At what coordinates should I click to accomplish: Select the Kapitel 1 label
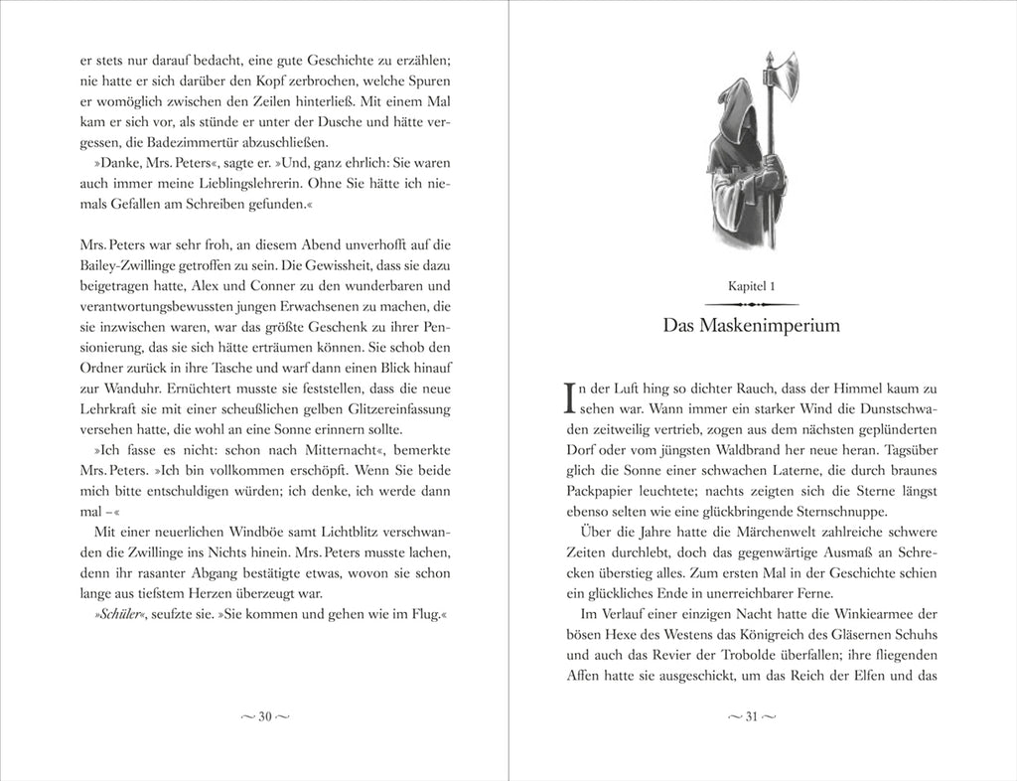click(x=751, y=285)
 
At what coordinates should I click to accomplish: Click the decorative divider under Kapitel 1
click(x=751, y=303)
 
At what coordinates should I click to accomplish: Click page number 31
click(x=751, y=717)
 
